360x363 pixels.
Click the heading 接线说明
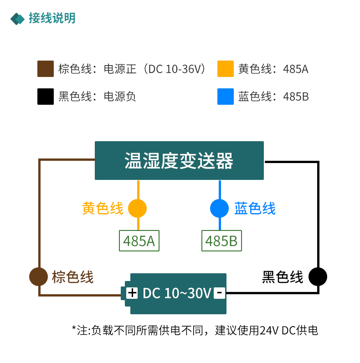click(52, 18)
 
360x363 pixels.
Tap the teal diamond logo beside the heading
click(18, 19)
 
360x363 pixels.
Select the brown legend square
click(46, 69)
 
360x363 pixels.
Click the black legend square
click(46, 97)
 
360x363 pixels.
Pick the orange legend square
click(226, 69)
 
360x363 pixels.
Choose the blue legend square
click(226, 97)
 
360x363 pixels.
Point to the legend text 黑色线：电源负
click(97, 97)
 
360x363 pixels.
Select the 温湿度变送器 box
click(179, 161)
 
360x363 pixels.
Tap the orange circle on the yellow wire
click(138, 209)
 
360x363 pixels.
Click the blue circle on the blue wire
click(219, 209)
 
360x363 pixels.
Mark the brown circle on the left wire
click(39, 276)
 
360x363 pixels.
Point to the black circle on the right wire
click(318, 276)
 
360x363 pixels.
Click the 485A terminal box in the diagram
click(139, 240)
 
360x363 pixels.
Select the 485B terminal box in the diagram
click(221, 240)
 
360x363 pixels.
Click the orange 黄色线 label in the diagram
click(103, 209)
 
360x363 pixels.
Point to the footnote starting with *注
click(195, 330)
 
